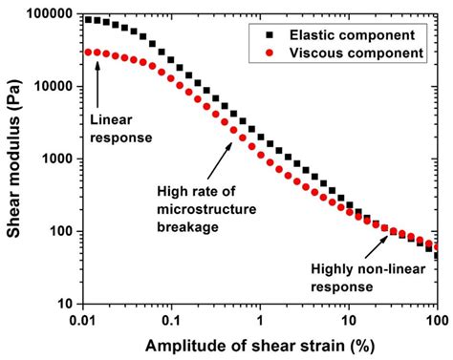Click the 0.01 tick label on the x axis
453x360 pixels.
[x=83, y=318]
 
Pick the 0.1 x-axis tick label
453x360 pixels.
[x=172, y=318]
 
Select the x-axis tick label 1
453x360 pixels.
[x=261, y=318]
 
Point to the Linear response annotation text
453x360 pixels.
[x=119, y=128]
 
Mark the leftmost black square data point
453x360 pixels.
[x=89, y=19]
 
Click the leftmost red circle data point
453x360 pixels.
[x=89, y=52]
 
